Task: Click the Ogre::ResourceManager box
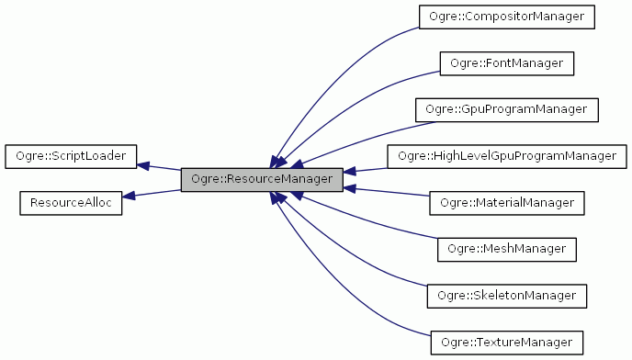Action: [x=262, y=179]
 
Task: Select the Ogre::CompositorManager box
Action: [x=506, y=17]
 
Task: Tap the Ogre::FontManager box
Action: [x=506, y=63]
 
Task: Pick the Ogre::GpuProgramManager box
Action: [x=506, y=109]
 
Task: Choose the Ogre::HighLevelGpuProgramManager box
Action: [x=506, y=156]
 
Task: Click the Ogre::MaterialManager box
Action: [x=506, y=202]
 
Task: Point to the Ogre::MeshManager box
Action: [x=506, y=249]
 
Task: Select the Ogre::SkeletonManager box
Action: [x=506, y=295]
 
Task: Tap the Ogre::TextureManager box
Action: [x=506, y=342]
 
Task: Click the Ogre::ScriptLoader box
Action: [x=71, y=156]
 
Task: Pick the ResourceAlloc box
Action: [x=71, y=202]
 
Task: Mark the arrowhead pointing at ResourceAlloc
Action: [x=130, y=195]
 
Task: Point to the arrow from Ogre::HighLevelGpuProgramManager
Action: [x=367, y=169]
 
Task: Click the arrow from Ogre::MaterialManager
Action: [x=386, y=193]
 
